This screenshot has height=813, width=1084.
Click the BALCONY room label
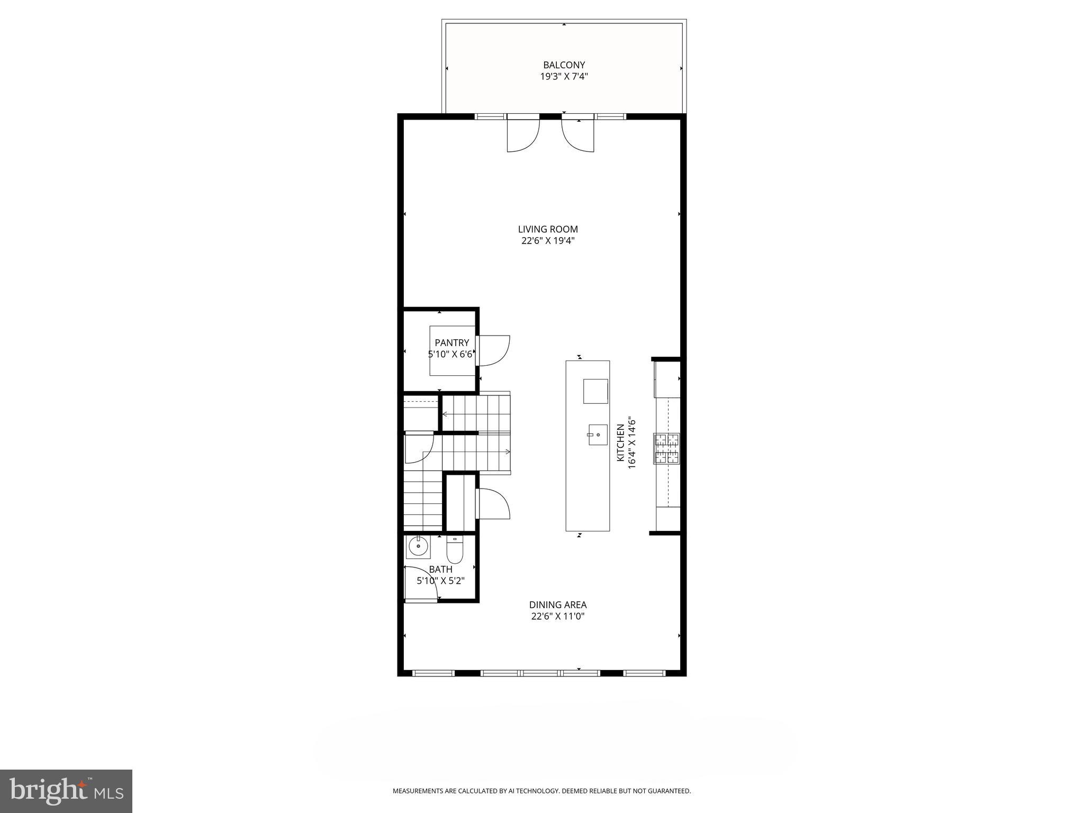(x=564, y=65)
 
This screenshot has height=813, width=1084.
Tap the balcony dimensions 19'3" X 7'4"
(x=564, y=77)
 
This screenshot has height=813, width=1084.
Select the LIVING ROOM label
(x=547, y=229)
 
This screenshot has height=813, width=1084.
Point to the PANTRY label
(x=451, y=343)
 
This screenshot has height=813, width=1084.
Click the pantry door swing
(x=494, y=350)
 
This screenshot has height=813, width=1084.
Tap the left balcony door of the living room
(x=522, y=135)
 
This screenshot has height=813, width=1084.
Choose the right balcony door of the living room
(x=577, y=135)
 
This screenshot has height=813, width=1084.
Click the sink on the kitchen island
(x=598, y=435)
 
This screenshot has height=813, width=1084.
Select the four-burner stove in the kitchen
(x=666, y=449)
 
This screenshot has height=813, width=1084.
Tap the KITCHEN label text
(x=620, y=442)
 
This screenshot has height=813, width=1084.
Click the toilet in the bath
(x=455, y=550)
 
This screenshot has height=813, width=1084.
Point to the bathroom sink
(x=418, y=547)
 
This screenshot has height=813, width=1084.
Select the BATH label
(x=440, y=570)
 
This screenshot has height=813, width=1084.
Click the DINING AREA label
(x=557, y=604)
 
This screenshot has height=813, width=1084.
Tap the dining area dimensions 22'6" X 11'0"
(x=557, y=617)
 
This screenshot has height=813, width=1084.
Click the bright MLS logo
(x=66, y=791)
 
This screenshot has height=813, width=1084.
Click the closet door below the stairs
(x=493, y=504)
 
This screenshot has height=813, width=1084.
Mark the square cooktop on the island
(x=595, y=391)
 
